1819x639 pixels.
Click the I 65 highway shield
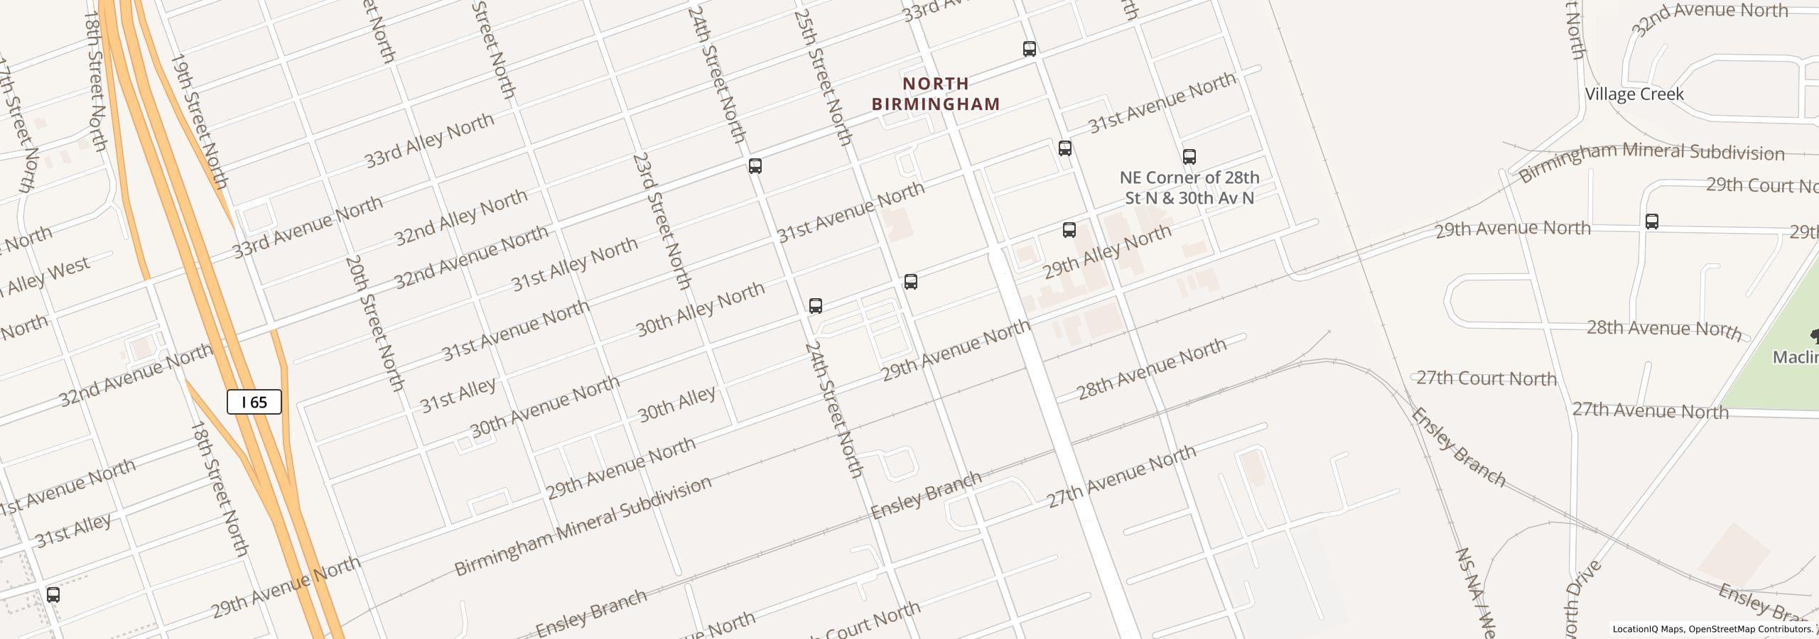[x=254, y=403]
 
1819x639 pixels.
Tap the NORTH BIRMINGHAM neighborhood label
[x=936, y=94]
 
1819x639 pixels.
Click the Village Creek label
[x=1634, y=94]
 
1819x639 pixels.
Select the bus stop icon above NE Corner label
[x=1189, y=156]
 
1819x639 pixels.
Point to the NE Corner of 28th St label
[x=1189, y=187]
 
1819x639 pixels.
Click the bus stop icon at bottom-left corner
[x=53, y=595]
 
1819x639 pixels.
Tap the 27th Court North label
[x=1486, y=378]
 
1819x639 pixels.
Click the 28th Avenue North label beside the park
[x=1663, y=329]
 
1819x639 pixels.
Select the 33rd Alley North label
[x=429, y=141]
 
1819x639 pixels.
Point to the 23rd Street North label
[x=662, y=221]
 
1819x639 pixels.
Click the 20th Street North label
[x=374, y=324]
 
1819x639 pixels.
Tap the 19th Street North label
[x=199, y=121]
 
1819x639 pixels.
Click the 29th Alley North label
[x=1106, y=252]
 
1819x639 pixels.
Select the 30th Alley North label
[x=700, y=309]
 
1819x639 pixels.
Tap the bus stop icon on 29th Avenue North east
[x=1652, y=221]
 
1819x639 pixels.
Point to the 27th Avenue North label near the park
[x=1650, y=410]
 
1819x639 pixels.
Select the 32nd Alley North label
[x=460, y=217]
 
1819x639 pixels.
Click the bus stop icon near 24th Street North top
[x=755, y=166]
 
